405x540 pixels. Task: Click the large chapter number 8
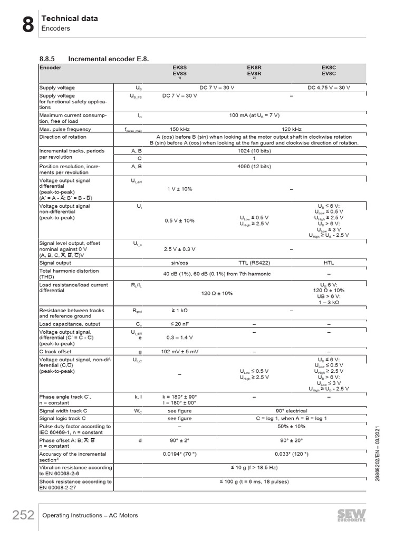point(28,24)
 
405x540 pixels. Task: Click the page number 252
point(23,515)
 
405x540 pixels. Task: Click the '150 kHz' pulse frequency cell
point(180,129)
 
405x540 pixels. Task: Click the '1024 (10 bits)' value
point(254,151)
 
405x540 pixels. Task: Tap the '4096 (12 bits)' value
point(254,167)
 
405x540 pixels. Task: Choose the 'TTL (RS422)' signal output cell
point(254,263)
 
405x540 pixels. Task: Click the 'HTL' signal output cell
point(329,263)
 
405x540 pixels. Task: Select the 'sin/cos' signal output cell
point(180,263)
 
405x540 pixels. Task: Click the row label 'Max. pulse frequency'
point(65,129)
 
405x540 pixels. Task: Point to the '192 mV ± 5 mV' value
point(180,351)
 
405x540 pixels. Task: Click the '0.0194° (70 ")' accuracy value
point(180,454)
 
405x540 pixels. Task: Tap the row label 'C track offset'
point(55,351)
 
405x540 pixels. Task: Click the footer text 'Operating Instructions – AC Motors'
point(90,515)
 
